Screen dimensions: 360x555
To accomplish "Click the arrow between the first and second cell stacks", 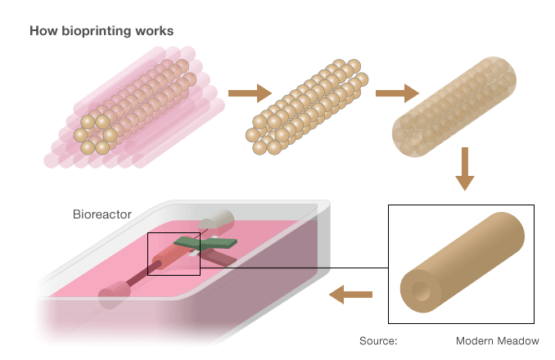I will click(x=249, y=95).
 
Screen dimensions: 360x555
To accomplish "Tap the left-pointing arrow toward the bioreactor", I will click(x=350, y=293).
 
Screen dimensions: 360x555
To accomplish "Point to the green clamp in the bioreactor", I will click(x=205, y=242).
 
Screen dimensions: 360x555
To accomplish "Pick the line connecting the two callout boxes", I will click(x=295, y=267).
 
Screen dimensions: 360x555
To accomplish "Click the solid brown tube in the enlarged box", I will click(x=463, y=262).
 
